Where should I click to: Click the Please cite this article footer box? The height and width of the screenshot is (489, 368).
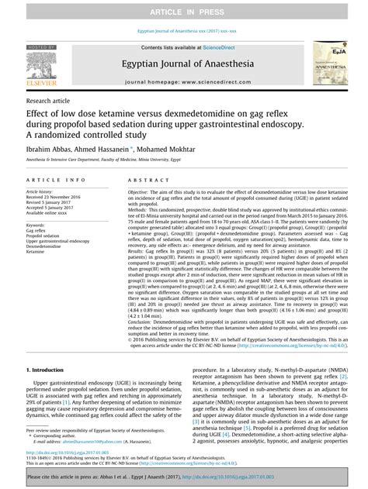pyautogui.click(x=184, y=477)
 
